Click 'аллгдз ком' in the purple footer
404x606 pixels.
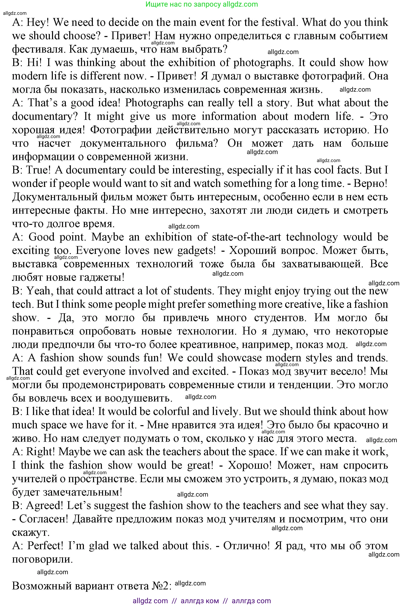point(200,601)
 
